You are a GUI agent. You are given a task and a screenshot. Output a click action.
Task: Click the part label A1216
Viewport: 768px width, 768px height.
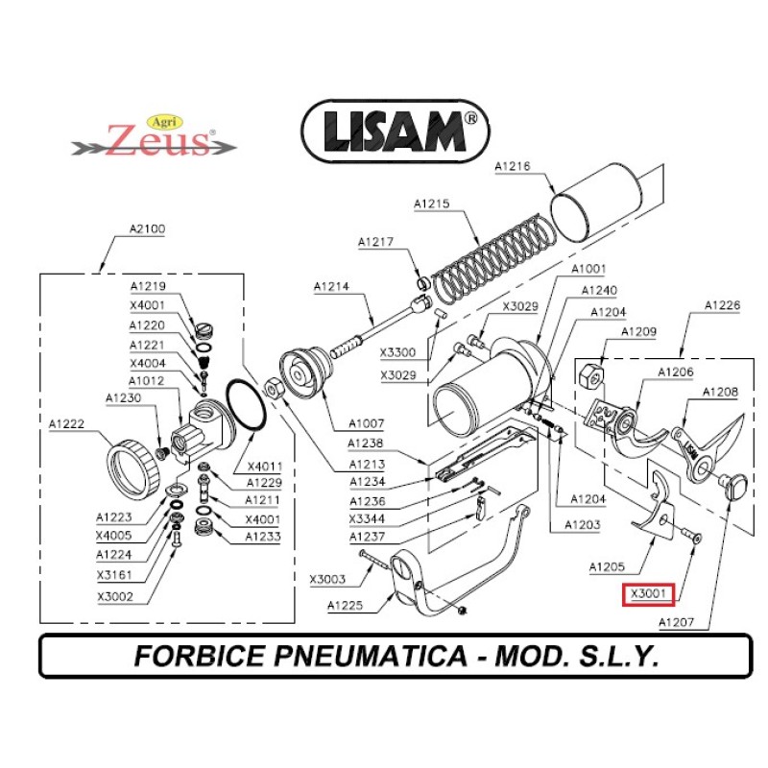(513, 167)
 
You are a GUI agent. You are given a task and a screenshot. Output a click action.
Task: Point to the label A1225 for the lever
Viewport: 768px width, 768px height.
(347, 605)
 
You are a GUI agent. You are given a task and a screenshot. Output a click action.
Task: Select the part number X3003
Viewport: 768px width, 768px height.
(328, 579)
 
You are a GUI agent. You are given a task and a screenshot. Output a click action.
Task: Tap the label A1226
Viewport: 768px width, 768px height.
(723, 305)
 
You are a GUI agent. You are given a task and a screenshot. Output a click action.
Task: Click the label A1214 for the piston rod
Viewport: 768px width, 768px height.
(332, 286)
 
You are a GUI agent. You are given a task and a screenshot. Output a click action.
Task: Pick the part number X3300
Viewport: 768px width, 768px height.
(397, 353)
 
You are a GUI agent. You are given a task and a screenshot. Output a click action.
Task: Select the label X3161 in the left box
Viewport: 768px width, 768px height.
(114, 575)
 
